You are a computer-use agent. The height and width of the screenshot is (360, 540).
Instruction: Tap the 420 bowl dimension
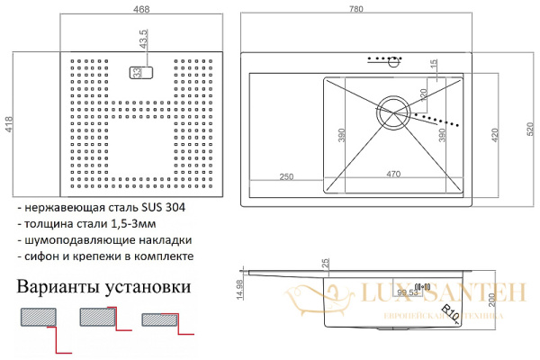pyautogui.click(x=493, y=135)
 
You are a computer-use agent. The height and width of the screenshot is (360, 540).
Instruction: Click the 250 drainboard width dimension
pyautogui.click(x=287, y=175)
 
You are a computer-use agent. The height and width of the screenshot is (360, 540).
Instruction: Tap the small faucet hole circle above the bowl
pyautogui.click(x=392, y=62)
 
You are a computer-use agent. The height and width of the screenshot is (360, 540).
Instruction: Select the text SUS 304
pyautogui.click(x=167, y=208)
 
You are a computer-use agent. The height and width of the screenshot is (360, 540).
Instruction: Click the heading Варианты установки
pyautogui.click(x=103, y=288)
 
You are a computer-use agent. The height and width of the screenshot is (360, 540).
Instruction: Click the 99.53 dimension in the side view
pyautogui.click(x=407, y=292)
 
